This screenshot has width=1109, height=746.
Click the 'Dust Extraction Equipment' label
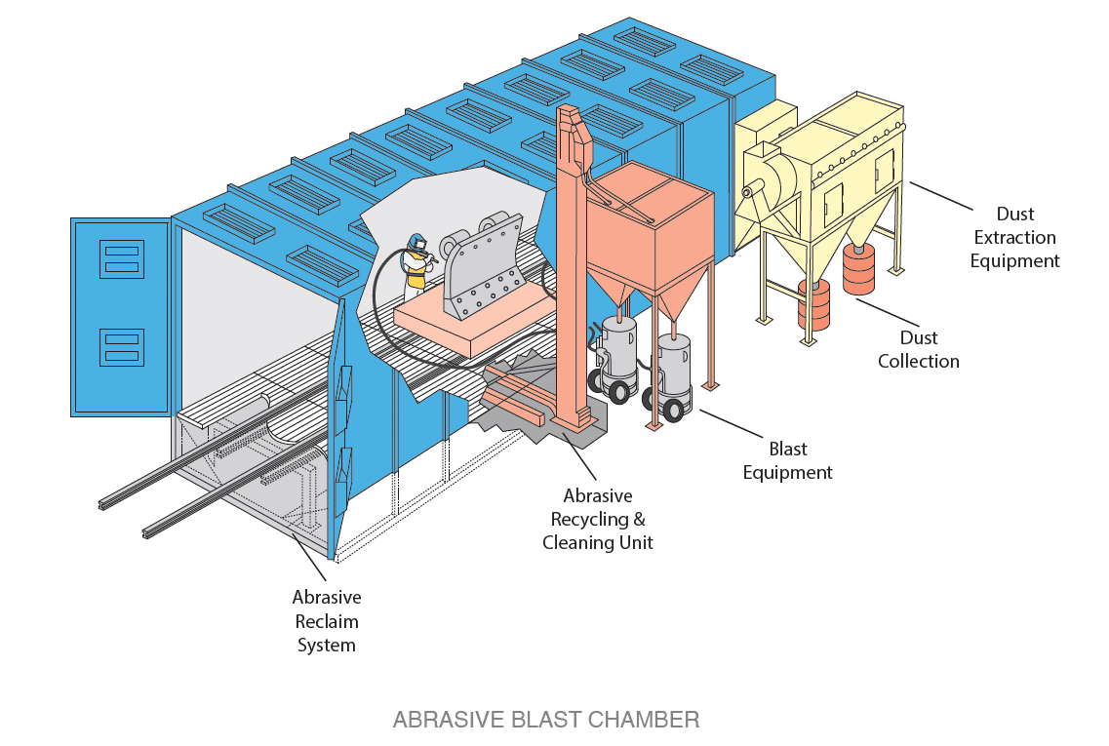pyautogui.click(x=1014, y=237)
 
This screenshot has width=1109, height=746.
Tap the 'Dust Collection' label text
pyautogui.click(x=918, y=349)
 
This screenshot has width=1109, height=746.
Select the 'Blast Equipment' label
pyautogui.click(x=787, y=460)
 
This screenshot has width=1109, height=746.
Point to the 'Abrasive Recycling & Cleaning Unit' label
pyautogui.click(x=597, y=520)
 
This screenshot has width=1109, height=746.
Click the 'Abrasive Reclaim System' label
pyautogui.click(x=327, y=621)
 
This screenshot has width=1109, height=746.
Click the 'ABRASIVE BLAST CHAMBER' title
pyautogui.click(x=545, y=721)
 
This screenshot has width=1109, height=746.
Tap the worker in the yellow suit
pyautogui.click(x=418, y=264)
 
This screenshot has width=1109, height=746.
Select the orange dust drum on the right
pyautogui.click(x=858, y=269)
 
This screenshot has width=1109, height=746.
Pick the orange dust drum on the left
pyautogui.click(x=812, y=304)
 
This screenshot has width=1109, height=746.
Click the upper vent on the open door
pyautogui.click(x=121, y=258)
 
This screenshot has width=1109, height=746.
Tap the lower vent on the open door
pyautogui.click(x=121, y=349)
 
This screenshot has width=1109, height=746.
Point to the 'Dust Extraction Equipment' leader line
pyautogui.click(x=941, y=195)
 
